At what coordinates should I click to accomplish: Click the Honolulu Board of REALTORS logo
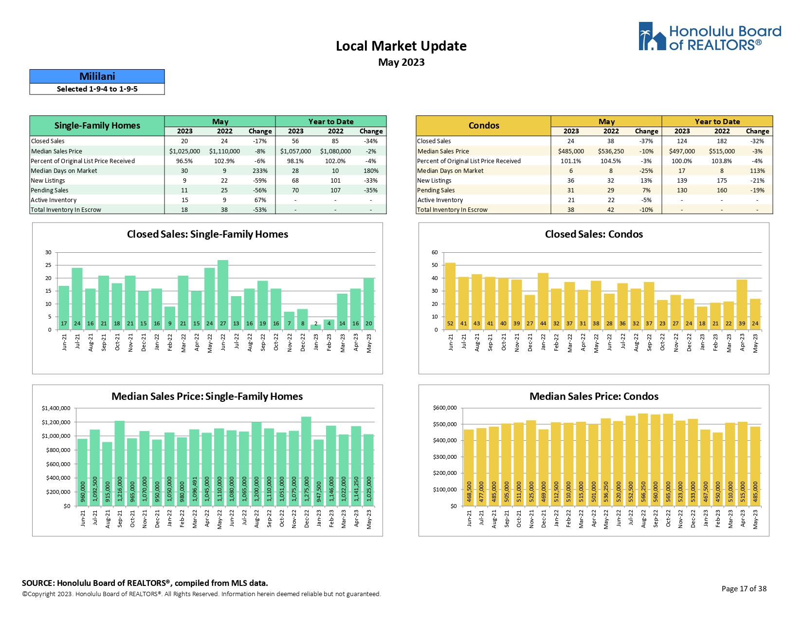[x=709, y=37]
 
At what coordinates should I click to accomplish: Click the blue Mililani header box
[x=97, y=76]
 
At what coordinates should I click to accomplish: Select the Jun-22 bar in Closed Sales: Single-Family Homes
[x=223, y=295]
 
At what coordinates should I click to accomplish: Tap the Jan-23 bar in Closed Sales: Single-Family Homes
[x=316, y=327]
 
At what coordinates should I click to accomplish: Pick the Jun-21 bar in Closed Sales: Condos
[x=450, y=296]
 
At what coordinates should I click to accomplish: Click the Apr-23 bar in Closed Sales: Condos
[x=742, y=304]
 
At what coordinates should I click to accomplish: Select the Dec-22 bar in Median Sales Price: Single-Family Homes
[x=306, y=461]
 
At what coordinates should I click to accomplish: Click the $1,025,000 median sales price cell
[x=184, y=151]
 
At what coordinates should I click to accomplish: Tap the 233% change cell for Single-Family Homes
[x=260, y=171]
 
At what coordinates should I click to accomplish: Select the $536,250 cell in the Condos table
[x=611, y=151]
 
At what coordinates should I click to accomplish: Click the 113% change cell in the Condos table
[x=757, y=171]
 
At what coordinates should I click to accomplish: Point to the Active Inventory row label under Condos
[x=440, y=200]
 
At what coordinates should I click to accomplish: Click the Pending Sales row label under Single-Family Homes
[x=50, y=190]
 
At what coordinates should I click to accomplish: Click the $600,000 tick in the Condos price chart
[x=445, y=408]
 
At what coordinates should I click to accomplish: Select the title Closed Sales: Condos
[x=594, y=234]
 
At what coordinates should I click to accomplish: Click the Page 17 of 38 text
[x=744, y=589]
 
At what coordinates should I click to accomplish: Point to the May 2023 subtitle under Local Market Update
[x=401, y=62]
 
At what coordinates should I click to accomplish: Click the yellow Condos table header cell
[x=483, y=126]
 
